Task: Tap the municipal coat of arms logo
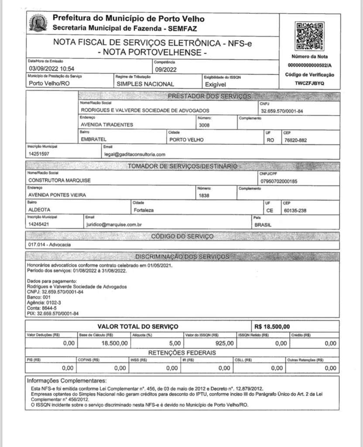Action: point(38,22)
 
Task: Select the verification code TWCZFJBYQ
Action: point(309,83)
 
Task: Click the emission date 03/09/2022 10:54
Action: point(51,69)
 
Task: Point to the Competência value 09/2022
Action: point(166,69)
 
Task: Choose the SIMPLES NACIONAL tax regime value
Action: point(145,84)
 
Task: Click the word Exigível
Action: point(215,84)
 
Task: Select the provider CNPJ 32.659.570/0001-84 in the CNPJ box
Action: point(282,111)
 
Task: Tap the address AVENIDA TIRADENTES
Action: point(107,125)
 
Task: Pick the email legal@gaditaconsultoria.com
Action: point(134,154)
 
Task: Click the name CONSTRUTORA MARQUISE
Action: point(59,180)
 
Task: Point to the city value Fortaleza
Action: point(144,210)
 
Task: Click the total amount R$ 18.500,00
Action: point(271,327)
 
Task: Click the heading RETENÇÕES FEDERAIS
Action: point(182,353)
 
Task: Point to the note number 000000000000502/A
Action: point(309,65)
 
